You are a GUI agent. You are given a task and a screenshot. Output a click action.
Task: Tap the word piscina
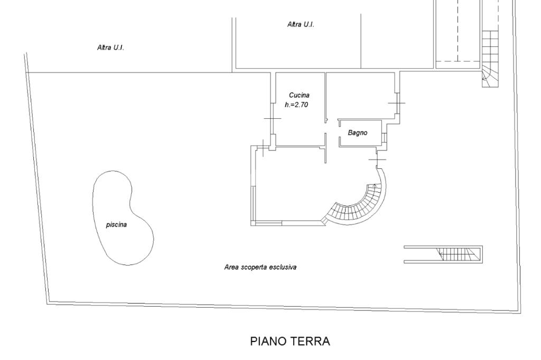(x=116, y=224)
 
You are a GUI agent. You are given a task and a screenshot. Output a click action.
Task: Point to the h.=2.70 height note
(x=296, y=105)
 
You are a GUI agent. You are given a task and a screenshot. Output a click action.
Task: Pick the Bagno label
(x=357, y=132)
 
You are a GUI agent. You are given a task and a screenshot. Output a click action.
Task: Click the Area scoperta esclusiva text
(x=260, y=267)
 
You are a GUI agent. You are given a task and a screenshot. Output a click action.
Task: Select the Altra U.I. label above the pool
(x=110, y=48)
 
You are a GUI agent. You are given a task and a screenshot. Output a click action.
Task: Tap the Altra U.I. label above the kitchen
(x=301, y=24)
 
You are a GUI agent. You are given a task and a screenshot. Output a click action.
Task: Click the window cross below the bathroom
(x=377, y=159)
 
